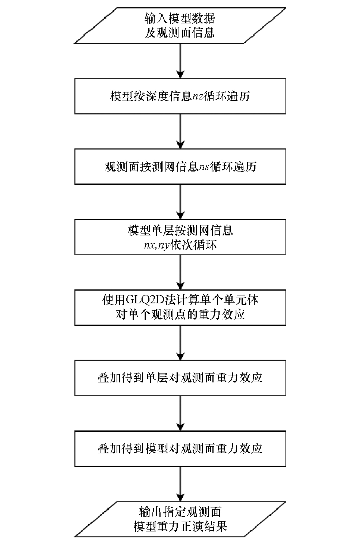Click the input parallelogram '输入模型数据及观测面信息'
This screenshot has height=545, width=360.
179,25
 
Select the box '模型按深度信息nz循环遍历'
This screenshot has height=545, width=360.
179,96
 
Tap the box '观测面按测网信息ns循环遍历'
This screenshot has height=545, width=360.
179,167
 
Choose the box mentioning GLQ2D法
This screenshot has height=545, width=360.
179,307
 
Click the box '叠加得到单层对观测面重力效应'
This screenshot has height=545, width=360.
179,378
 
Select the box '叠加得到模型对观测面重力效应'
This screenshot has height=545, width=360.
179,448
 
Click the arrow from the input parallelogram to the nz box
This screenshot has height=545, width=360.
179,60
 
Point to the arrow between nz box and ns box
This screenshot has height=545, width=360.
179,131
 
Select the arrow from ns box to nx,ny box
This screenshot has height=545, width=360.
179,202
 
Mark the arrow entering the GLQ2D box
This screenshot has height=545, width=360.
179,272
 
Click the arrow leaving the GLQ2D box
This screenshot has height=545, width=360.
179,343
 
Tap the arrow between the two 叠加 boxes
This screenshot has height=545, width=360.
179,413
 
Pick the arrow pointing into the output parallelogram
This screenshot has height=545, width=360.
179,484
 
